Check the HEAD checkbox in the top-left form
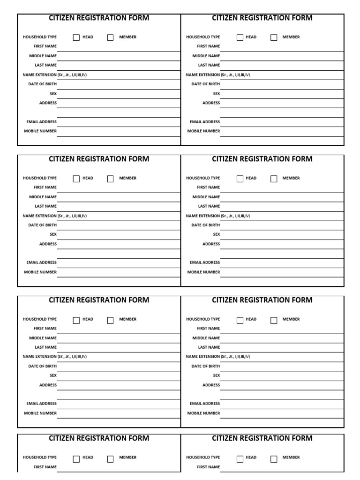click(x=76, y=37)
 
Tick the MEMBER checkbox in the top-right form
click(x=274, y=37)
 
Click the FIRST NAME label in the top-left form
click(x=45, y=46)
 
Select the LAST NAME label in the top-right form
click(x=209, y=65)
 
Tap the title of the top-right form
click(x=262, y=18)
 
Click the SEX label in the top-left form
click(x=53, y=93)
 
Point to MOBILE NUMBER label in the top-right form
click(x=203, y=131)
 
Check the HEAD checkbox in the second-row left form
click(x=76, y=179)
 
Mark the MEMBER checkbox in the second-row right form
click(x=274, y=179)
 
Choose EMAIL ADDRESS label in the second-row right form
click(x=204, y=262)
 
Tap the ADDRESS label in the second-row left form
click(x=48, y=244)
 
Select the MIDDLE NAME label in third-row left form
click(x=43, y=338)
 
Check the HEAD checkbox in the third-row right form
click(x=240, y=320)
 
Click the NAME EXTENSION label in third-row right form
click(x=218, y=357)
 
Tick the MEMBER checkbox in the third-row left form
click(x=111, y=320)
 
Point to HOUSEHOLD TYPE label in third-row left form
click(x=40, y=319)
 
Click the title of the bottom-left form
click(x=99, y=438)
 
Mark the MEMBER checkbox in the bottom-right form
click(x=274, y=459)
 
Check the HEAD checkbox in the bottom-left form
click(x=76, y=459)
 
